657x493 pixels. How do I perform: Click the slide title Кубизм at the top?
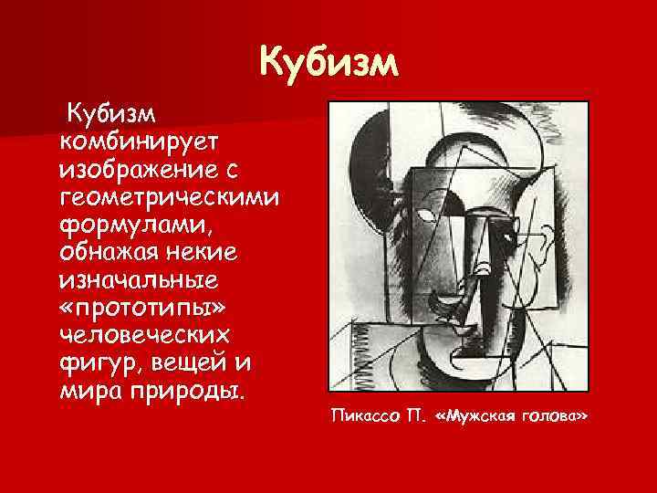328,64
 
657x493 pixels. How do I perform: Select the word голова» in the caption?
555,416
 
